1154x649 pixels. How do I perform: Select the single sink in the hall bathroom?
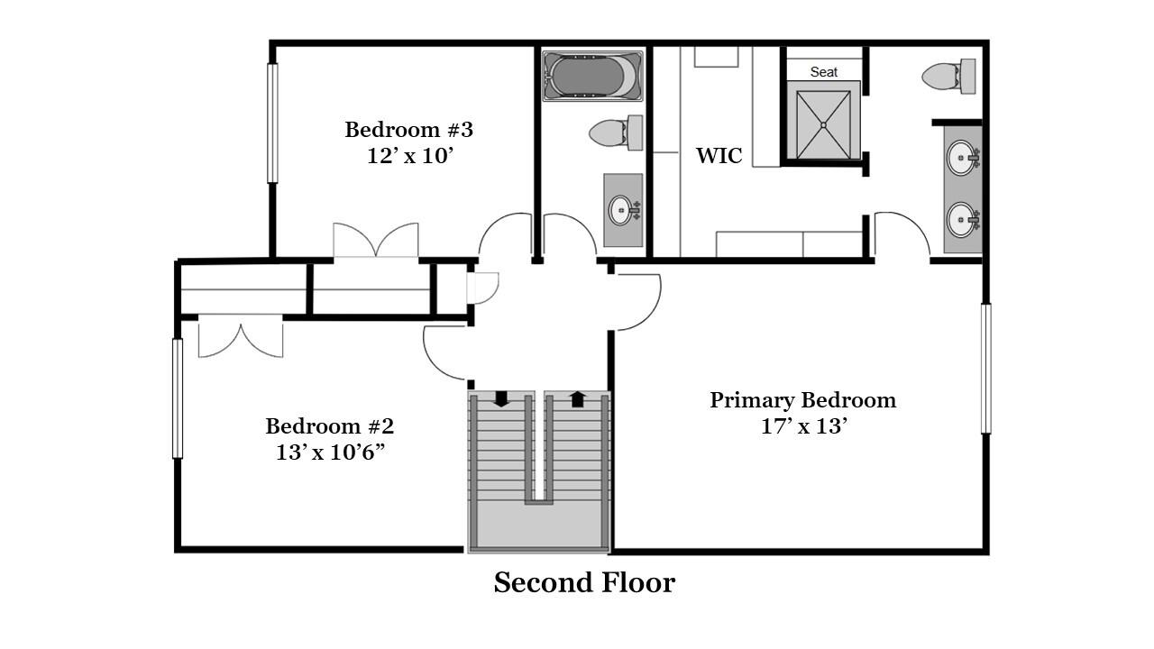click(x=621, y=210)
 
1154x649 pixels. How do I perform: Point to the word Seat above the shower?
click(x=823, y=72)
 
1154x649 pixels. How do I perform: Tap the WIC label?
click(x=719, y=156)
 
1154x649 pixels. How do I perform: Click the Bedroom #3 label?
click(x=408, y=130)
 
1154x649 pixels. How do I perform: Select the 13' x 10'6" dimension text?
click(x=330, y=452)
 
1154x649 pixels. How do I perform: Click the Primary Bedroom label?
click(x=802, y=400)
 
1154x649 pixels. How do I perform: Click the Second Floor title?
click(x=583, y=583)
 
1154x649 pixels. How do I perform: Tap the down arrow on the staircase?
click(x=501, y=398)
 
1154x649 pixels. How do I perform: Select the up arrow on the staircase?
click(x=577, y=398)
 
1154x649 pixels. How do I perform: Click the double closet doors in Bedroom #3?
click(x=376, y=242)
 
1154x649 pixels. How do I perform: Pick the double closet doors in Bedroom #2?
click(x=240, y=334)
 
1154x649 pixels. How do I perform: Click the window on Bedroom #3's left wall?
click(x=272, y=123)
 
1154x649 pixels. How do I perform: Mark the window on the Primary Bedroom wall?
click(x=985, y=369)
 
